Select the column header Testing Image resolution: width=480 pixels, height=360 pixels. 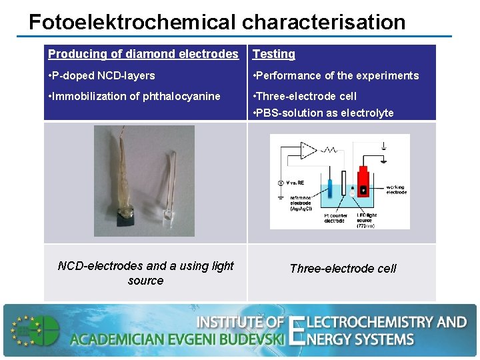coord(274,54)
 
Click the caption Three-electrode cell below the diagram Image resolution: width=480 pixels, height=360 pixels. coord(343,269)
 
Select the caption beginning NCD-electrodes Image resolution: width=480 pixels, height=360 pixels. coord(145,273)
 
